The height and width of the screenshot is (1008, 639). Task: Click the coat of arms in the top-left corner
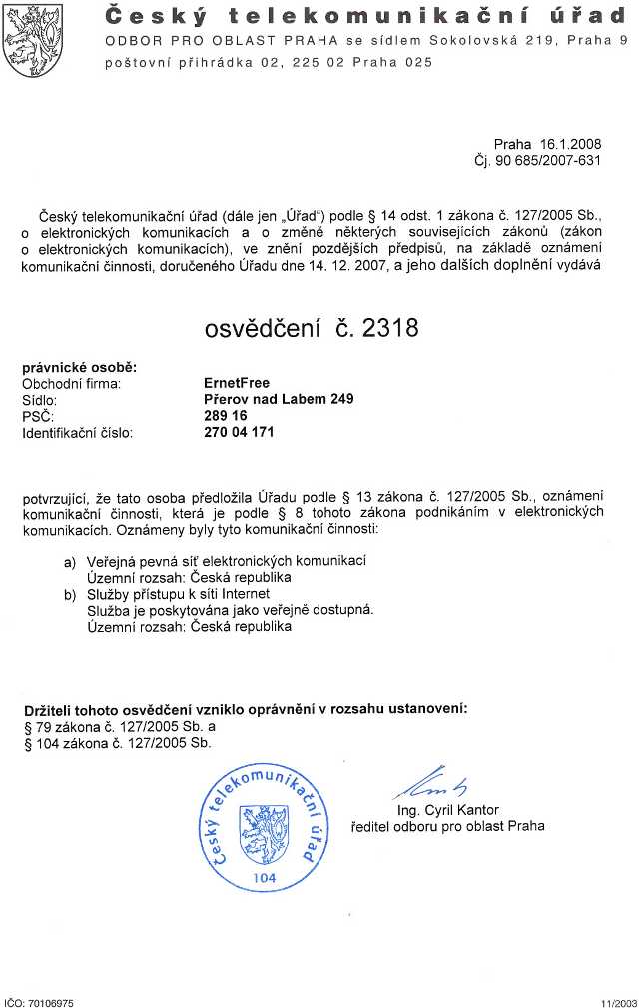[x=32, y=41]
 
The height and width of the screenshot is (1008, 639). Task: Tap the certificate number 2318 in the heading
[x=384, y=327]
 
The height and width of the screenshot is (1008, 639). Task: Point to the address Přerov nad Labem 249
[x=278, y=398]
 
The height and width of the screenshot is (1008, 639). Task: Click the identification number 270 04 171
[x=238, y=432]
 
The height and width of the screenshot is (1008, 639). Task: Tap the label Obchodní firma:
[x=71, y=382]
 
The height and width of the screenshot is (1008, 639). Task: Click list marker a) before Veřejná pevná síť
[x=70, y=562]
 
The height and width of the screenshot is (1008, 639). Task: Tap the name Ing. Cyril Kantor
[x=447, y=809]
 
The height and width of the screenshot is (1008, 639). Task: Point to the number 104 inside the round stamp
[x=264, y=877]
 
